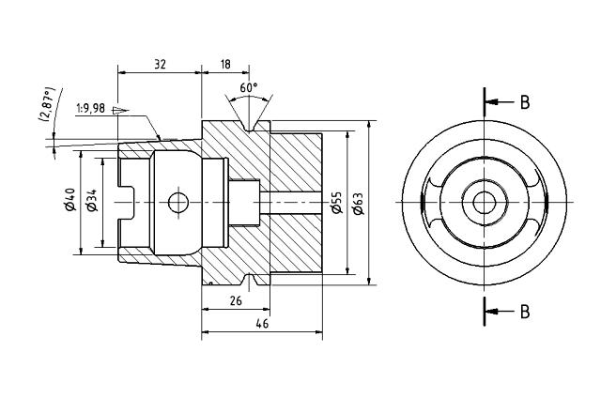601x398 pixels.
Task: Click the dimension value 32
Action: (160, 65)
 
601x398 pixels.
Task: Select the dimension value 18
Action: (225, 65)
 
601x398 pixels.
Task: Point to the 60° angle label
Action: (249, 87)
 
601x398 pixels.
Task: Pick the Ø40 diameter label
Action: (69, 201)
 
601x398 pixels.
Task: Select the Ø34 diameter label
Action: (91, 201)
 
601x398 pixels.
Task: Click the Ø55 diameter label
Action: (337, 202)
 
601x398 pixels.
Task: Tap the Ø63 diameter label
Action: (359, 202)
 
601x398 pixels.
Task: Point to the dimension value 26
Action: (235, 300)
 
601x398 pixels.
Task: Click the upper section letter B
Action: (525, 102)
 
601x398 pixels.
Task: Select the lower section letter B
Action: (525, 311)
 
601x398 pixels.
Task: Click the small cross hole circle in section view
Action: (176, 202)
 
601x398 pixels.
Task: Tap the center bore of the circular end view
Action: (485, 202)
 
